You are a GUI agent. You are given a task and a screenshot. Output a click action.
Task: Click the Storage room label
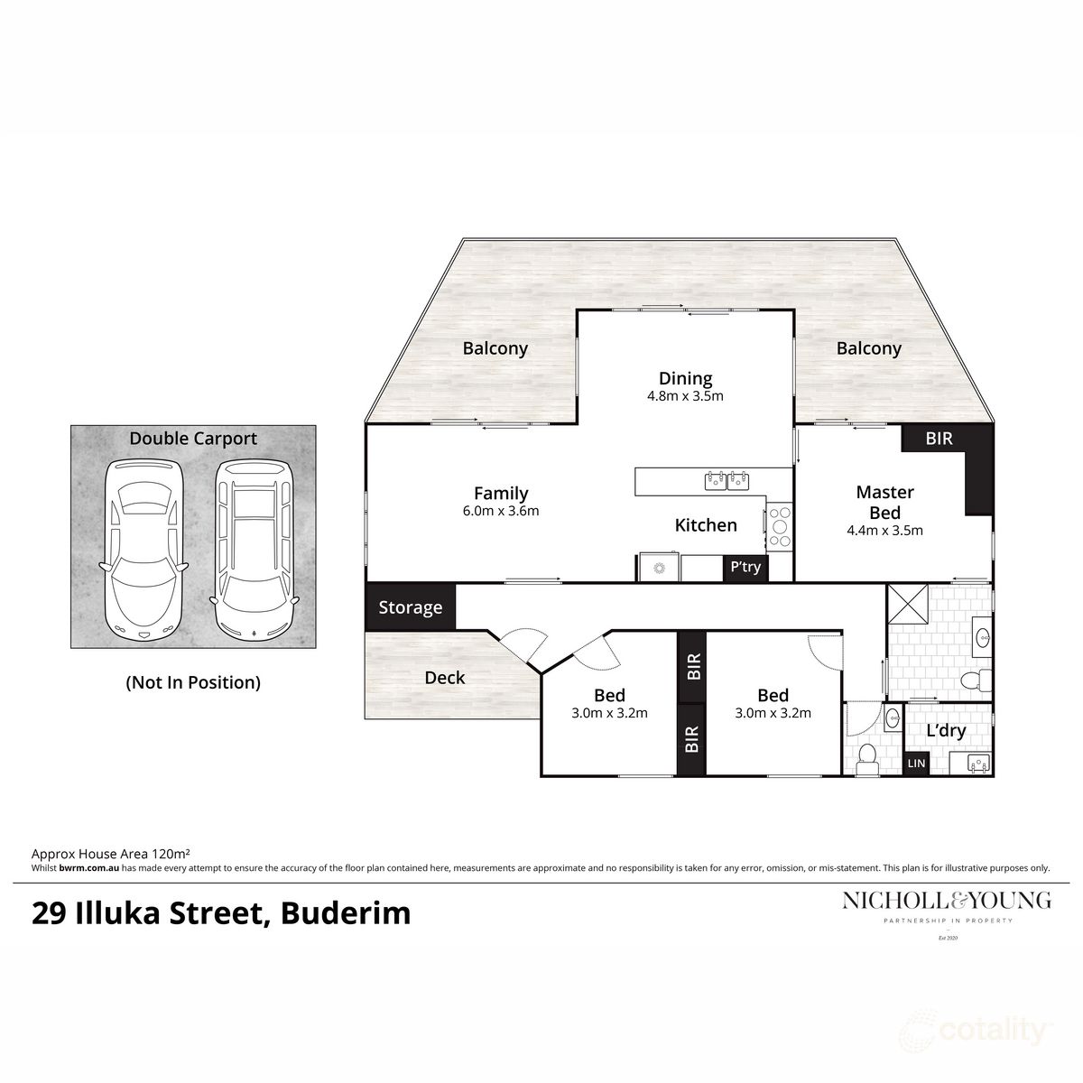tap(411, 607)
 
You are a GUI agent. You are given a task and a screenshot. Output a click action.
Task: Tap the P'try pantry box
tap(745, 568)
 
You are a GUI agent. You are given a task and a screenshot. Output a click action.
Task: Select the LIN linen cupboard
tap(916, 764)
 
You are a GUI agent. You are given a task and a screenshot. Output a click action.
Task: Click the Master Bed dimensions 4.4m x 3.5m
tap(884, 531)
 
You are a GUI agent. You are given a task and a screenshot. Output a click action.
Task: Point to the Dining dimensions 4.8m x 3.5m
tap(685, 395)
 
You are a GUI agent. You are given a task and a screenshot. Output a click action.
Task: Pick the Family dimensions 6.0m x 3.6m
tap(501, 511)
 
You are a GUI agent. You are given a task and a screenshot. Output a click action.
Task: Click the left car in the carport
tap(143, 550)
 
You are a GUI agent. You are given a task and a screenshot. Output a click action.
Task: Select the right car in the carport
tap(254, 550)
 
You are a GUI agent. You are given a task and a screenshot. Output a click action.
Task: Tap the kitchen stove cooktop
tap(778, 524)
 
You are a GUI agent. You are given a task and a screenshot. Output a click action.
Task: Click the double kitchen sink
tap(727, 479)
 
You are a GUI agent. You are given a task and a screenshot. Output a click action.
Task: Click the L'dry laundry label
tap(946, 730)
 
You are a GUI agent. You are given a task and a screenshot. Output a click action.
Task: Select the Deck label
tap(445, 677)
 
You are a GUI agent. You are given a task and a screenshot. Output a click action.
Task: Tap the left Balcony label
tap(495, 348)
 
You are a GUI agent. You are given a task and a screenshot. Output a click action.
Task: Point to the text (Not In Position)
tap(193, 682)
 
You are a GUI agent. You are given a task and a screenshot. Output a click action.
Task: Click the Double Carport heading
tap(193, 439)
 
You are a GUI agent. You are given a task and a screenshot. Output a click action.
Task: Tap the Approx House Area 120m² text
tap(111, 852)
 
